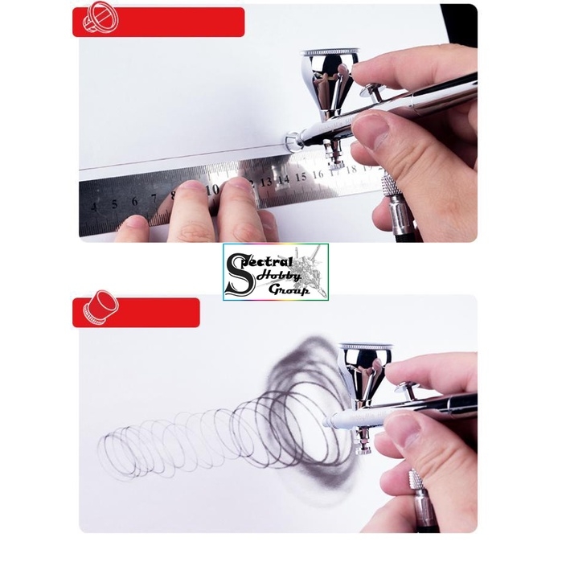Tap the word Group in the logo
[290, 289]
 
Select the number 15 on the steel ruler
[300, 176]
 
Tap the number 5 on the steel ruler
[115, 203]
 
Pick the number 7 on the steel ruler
[153, 198]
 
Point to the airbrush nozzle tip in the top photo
[290, 142]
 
